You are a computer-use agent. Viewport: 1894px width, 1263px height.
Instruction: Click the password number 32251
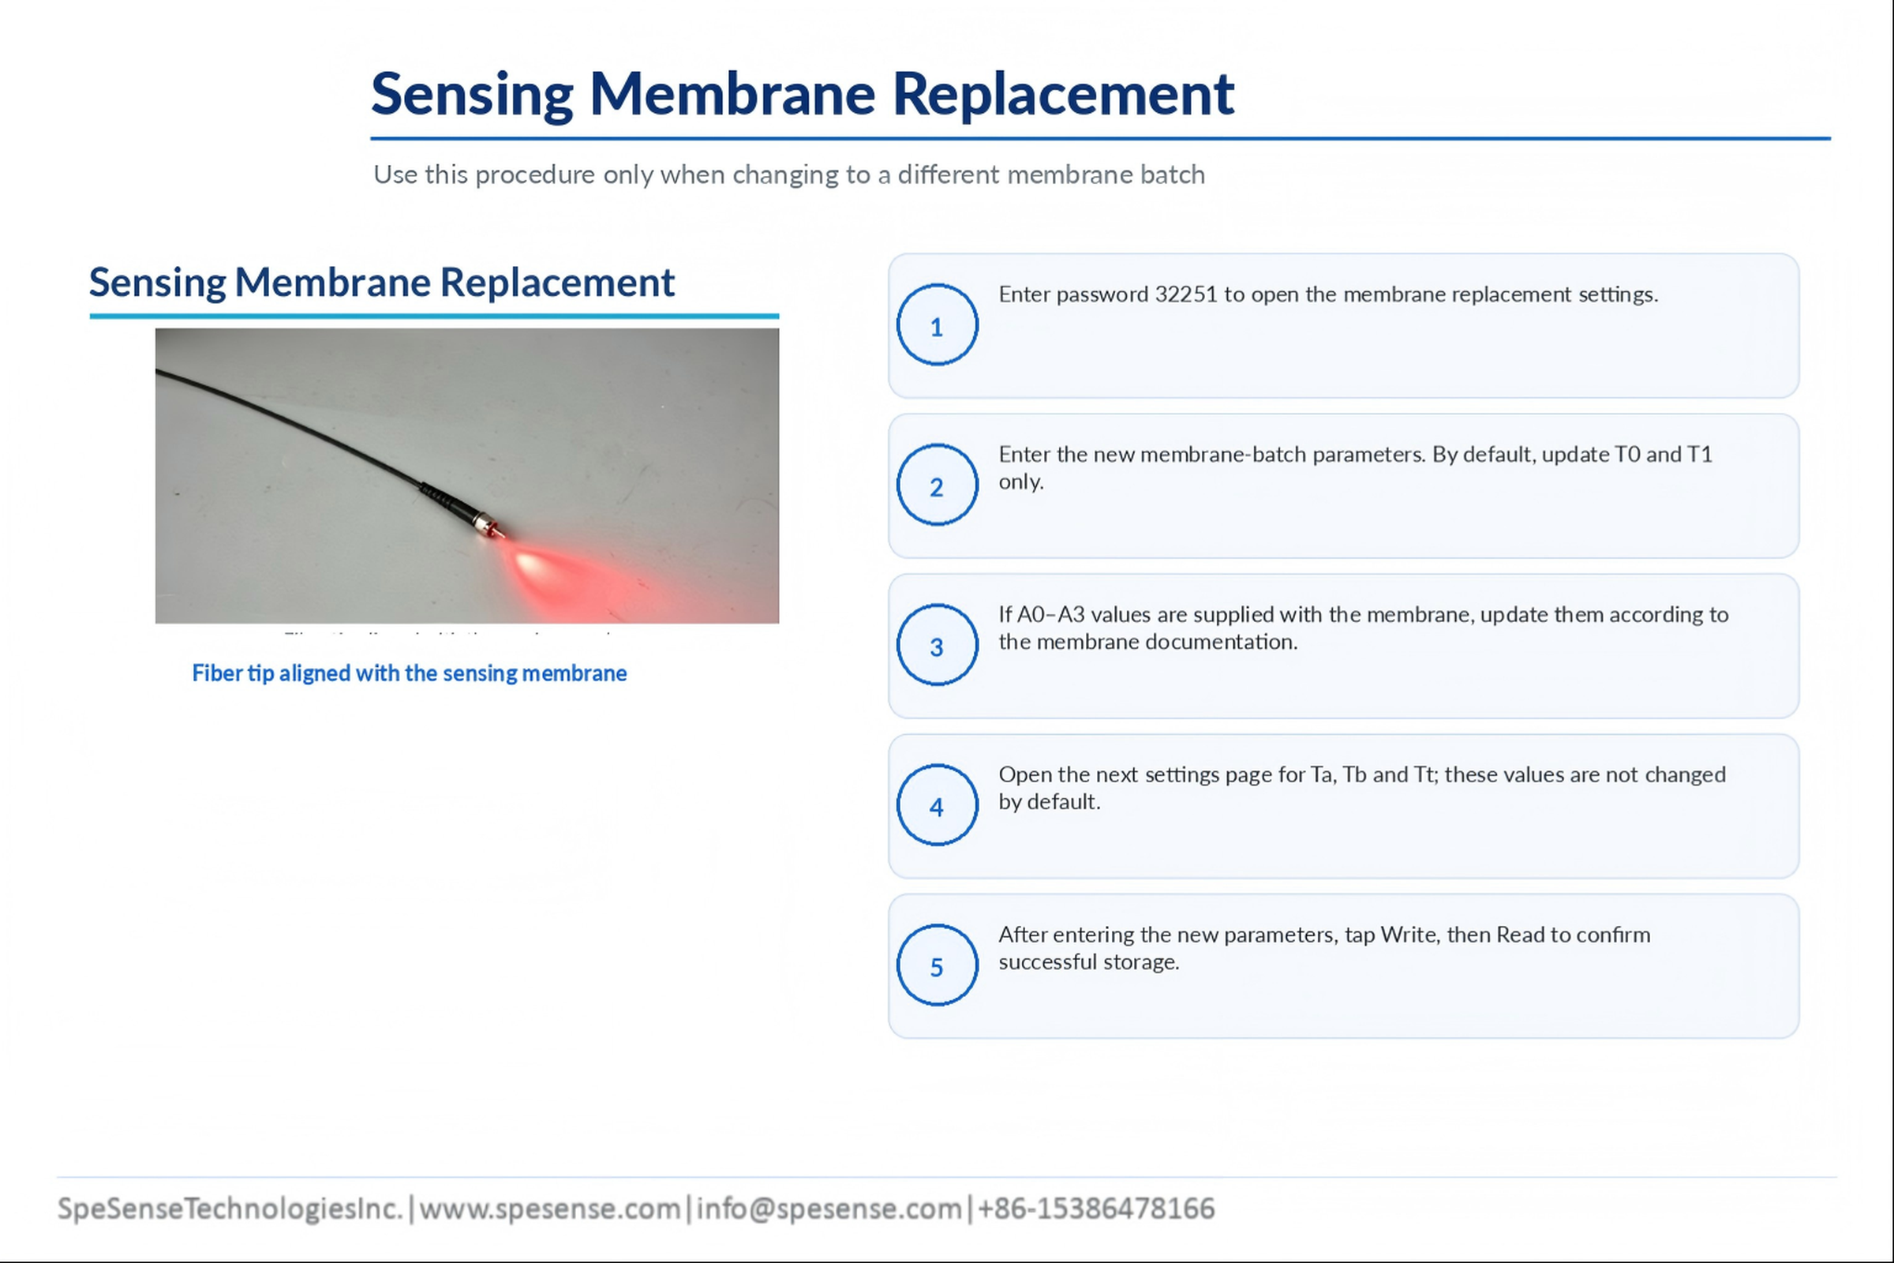pyautogui.click(x=1185, y=294)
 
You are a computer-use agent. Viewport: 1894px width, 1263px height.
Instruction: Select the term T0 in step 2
pyautogui.click(x=1626, y=455)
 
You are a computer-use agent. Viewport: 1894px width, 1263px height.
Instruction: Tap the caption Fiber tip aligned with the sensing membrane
pyautogui.click(x=409, y=673)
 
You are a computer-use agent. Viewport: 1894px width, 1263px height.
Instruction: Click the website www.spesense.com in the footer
pyautogui.click(x=550, y=1209)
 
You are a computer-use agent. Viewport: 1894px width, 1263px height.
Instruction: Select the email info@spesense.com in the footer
pyautogui.click(x=829, y=1209)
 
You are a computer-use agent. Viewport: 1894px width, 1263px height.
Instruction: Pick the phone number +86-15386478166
pyautogui.click(x=1096, y=1209)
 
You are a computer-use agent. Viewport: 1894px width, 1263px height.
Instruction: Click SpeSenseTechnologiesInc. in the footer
pyautogui.click(x=230, y=1209)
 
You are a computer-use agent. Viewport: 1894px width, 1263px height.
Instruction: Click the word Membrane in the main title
pyautogui.click(x=733, y=94)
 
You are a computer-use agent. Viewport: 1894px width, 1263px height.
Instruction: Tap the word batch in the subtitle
pyautogui.click(x=1173, y=174)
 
